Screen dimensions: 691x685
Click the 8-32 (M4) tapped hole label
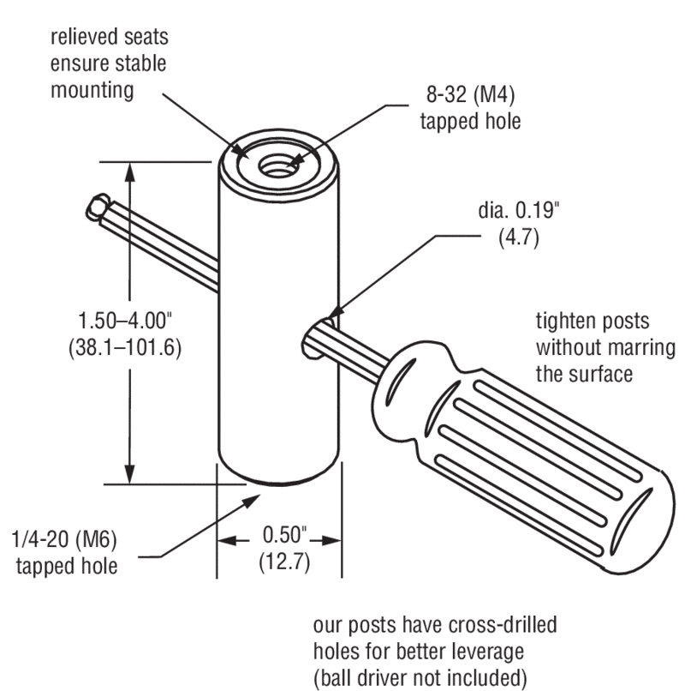[x=470, y=110]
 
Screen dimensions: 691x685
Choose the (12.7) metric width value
[x=283, y=562]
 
